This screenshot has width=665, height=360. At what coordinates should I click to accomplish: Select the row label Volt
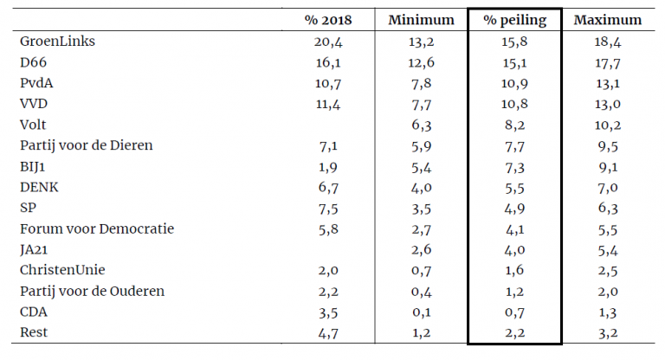tap(33, 125)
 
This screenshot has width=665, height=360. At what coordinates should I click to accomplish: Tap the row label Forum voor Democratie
tap(96, 228)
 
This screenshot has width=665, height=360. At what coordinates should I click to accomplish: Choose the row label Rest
tap(33, 332)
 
